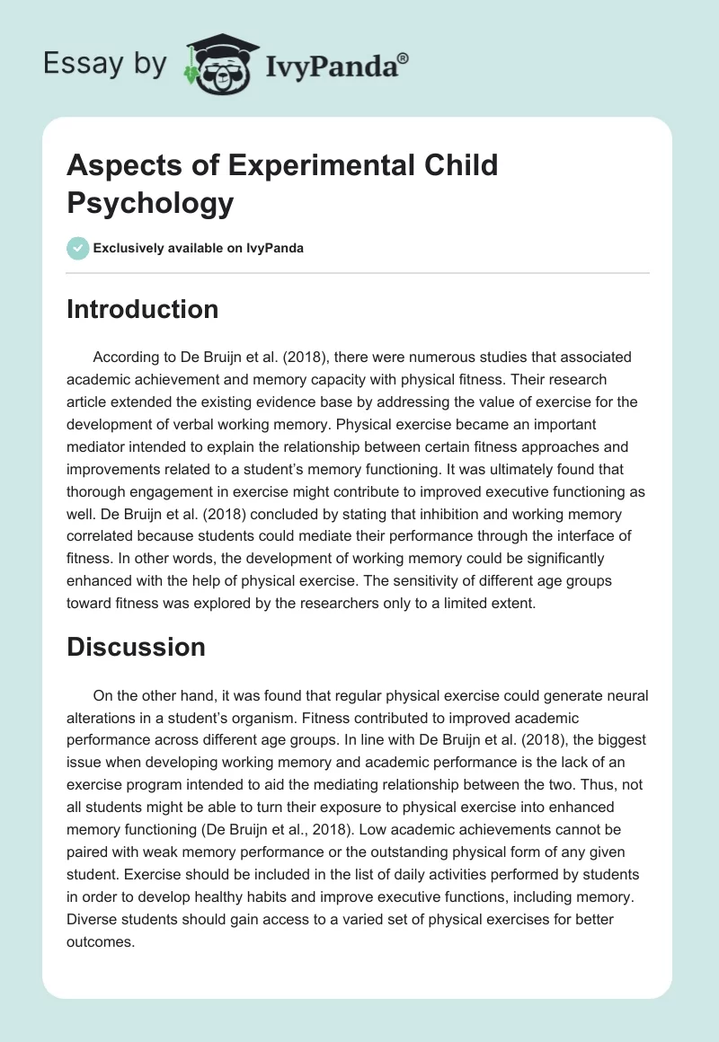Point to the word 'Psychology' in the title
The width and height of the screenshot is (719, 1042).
point(150,203)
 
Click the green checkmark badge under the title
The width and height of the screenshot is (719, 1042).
point(78,248)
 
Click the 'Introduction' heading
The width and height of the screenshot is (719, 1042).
point(143,309)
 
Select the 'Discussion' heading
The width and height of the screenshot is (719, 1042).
point(137,647)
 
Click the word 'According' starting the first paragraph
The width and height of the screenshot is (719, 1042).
point(124,356)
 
